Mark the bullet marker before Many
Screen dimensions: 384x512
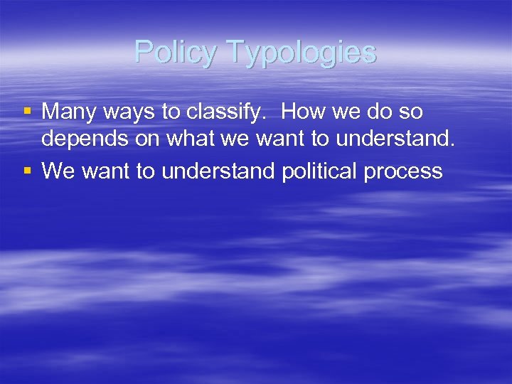point(28,110)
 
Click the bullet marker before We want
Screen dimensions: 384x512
point(28,171)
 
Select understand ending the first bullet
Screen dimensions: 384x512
point(395,140)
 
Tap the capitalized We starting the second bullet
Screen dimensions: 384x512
point(58,171)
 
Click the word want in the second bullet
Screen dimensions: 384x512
point(107,171)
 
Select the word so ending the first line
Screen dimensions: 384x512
point(411,112)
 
